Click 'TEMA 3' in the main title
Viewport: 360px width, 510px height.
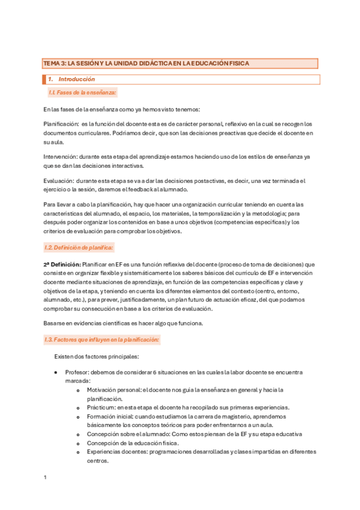(x=53, y=63)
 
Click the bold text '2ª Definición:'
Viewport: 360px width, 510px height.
(x=64, y=264)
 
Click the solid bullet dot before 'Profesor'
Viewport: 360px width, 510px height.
(x=56, y=373)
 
